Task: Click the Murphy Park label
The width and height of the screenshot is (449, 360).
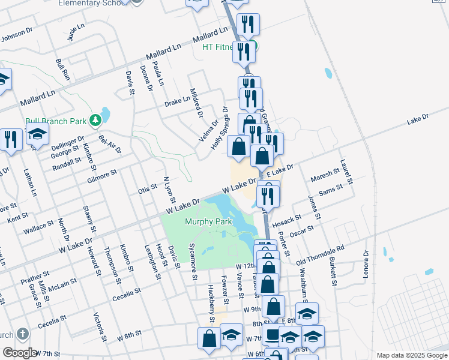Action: [x=208, y=222]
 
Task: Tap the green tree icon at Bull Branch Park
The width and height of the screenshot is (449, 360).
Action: [x=95, y=121]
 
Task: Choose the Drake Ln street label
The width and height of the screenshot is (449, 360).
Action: [x=177, y=101]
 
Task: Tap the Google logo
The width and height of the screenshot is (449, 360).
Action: [x=19, y=353]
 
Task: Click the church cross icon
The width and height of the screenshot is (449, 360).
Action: [x=22, y=334]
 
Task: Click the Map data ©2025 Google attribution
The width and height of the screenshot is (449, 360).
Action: [x=412, y=355]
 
